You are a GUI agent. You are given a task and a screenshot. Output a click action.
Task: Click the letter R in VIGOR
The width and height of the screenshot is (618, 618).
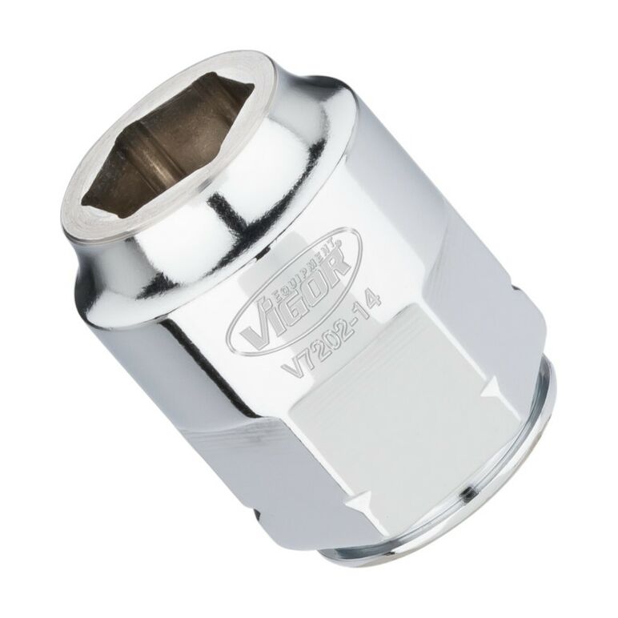(x=334, y=263)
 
